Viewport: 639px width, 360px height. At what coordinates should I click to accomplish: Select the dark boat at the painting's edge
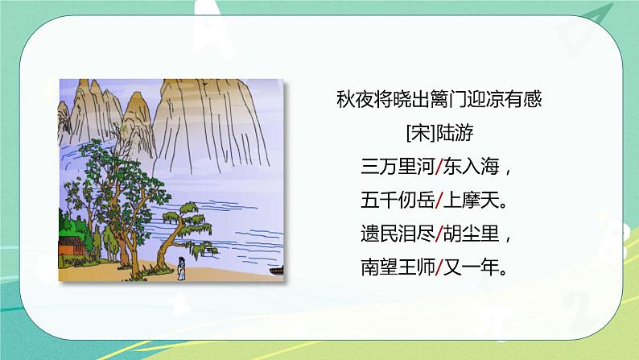pyautogui.click(x=277, y=268)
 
